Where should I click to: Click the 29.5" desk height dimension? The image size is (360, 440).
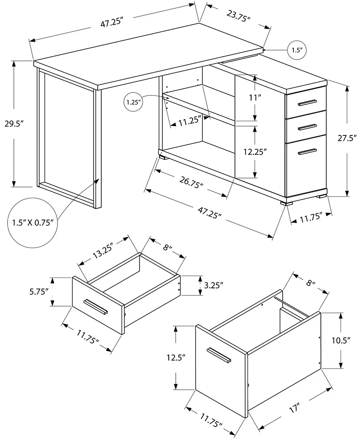[x=14, y=124]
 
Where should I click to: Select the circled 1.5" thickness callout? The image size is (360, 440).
[x=296, y=50]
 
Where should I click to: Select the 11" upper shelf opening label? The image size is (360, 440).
[x=255, y=97]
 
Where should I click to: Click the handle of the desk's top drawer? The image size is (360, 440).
[x=306, y=102]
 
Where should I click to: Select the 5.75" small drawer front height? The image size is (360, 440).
[x=39, y=291]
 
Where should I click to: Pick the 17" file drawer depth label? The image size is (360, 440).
[x=294, y=409]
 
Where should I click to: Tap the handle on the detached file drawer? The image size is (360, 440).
[x=219, y=355]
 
